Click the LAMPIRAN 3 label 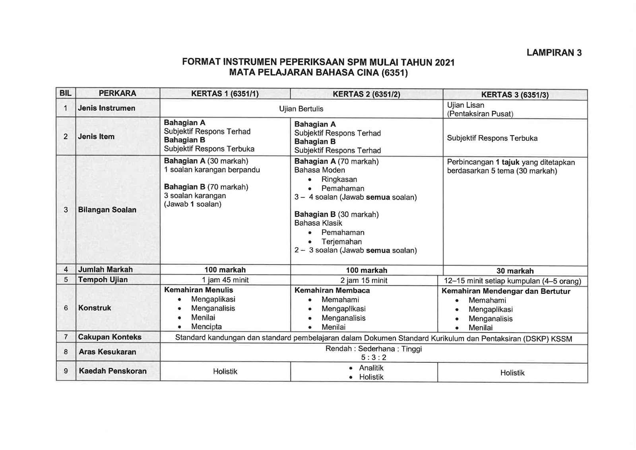pos(554,53)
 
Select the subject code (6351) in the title pos(394,73)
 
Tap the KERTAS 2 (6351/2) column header pos(366,94)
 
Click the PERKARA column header pos(117,93)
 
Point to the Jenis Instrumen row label pos(107,108)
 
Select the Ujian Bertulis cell pos(301,109)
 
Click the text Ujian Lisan pos(465,105)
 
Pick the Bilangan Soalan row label pos(107,210)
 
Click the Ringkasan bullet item pos(339,180)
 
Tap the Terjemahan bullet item pos(341,242)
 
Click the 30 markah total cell pos(515,271)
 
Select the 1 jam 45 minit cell pos(225,280)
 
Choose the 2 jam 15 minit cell pos(366,281)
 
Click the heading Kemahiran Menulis pos(198,290)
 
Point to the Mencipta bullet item pos(206,327)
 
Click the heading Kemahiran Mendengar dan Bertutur pos(506,291)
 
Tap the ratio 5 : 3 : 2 pos(373,357)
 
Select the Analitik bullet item pos(371,368)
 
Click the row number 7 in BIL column pos(66,337)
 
